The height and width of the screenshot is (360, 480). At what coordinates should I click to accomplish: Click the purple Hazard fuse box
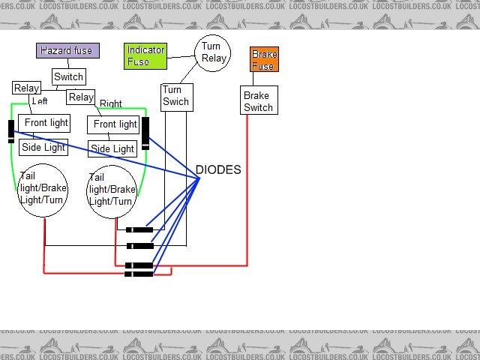(67, 51)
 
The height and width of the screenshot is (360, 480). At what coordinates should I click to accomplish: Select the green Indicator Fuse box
(145, 55)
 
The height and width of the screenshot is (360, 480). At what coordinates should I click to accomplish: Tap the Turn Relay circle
(213, 52)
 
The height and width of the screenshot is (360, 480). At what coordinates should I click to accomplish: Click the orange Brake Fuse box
(264, 60)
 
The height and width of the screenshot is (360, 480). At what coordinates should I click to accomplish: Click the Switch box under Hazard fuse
(68, 77)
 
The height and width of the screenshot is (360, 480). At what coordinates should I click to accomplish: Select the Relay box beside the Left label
(26, 88)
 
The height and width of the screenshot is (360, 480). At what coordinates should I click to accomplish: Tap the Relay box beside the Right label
(81, 97)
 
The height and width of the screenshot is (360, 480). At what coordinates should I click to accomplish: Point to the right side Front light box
(114, 124)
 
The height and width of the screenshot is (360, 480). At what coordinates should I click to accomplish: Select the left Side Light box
(43, 147)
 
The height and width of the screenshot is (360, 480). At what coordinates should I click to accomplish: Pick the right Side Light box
(112, 148)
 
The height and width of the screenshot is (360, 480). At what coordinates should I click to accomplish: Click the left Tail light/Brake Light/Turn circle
(44, 190)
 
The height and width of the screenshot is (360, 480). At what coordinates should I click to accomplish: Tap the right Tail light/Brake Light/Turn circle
(113, 192)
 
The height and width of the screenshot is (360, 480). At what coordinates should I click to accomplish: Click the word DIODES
(218, 170)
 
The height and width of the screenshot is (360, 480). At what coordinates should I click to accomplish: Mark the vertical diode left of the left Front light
(11, 131)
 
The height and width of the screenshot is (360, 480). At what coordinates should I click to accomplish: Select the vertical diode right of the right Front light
(145, 133)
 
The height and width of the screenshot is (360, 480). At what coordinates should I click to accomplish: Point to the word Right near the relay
(111, 104)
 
